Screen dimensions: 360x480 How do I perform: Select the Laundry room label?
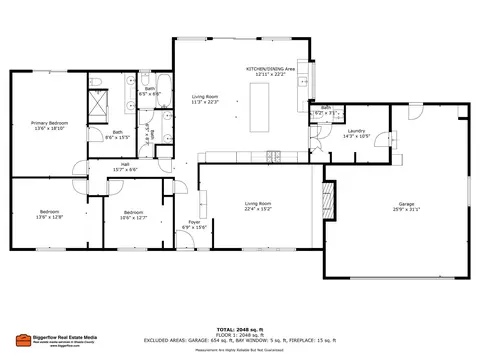[x=356, y=130]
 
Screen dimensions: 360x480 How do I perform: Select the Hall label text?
[x=126, y=164]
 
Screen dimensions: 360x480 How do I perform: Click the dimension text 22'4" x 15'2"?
[x=258, y=209]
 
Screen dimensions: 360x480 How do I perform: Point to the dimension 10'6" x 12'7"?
[x=134, y=217]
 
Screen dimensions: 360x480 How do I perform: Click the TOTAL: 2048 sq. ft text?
[x=240, y=328]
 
